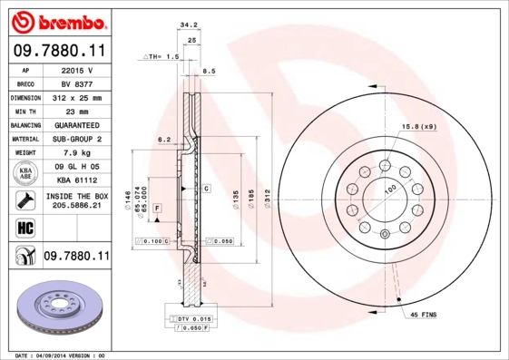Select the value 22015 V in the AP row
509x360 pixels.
(x=77, y=70)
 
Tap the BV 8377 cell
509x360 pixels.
(x=77, y=83)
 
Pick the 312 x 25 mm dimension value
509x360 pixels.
(x=77, y=96)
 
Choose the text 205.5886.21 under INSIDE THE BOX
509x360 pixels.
(x=77, y=206)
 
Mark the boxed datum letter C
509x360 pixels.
(x=207, y=189)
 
